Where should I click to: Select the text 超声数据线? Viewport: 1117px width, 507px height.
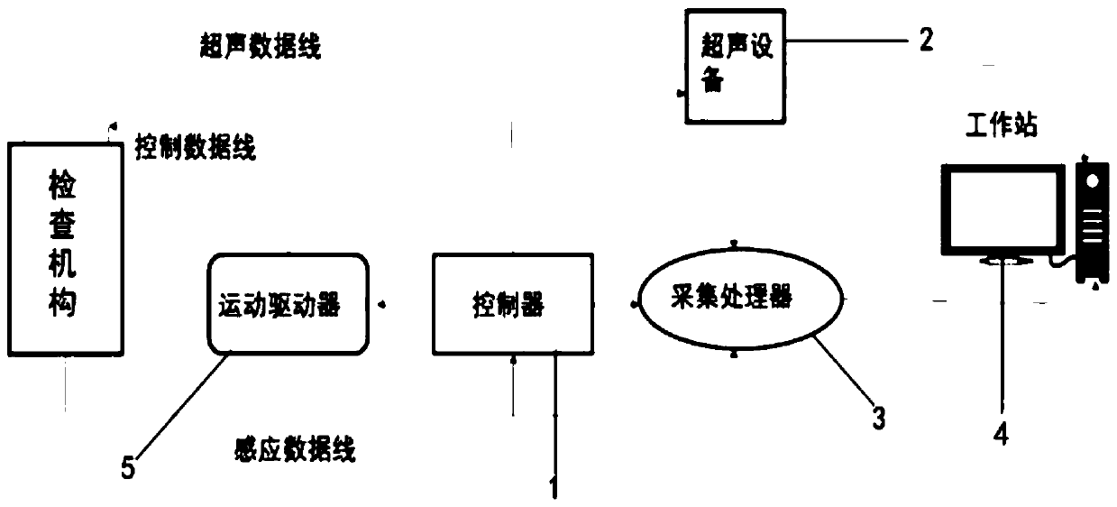tap(261, 48)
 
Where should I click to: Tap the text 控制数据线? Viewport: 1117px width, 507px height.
tap(196, 147)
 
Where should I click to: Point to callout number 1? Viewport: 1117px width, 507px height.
tap(554, 488)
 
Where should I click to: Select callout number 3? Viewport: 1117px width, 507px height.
tap(877, 418)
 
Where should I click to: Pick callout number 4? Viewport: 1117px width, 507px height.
tap(1001, 434)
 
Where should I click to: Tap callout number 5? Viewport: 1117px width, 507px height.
tap(128, 469)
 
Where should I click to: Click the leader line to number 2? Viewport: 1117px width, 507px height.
tap(847, 41)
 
